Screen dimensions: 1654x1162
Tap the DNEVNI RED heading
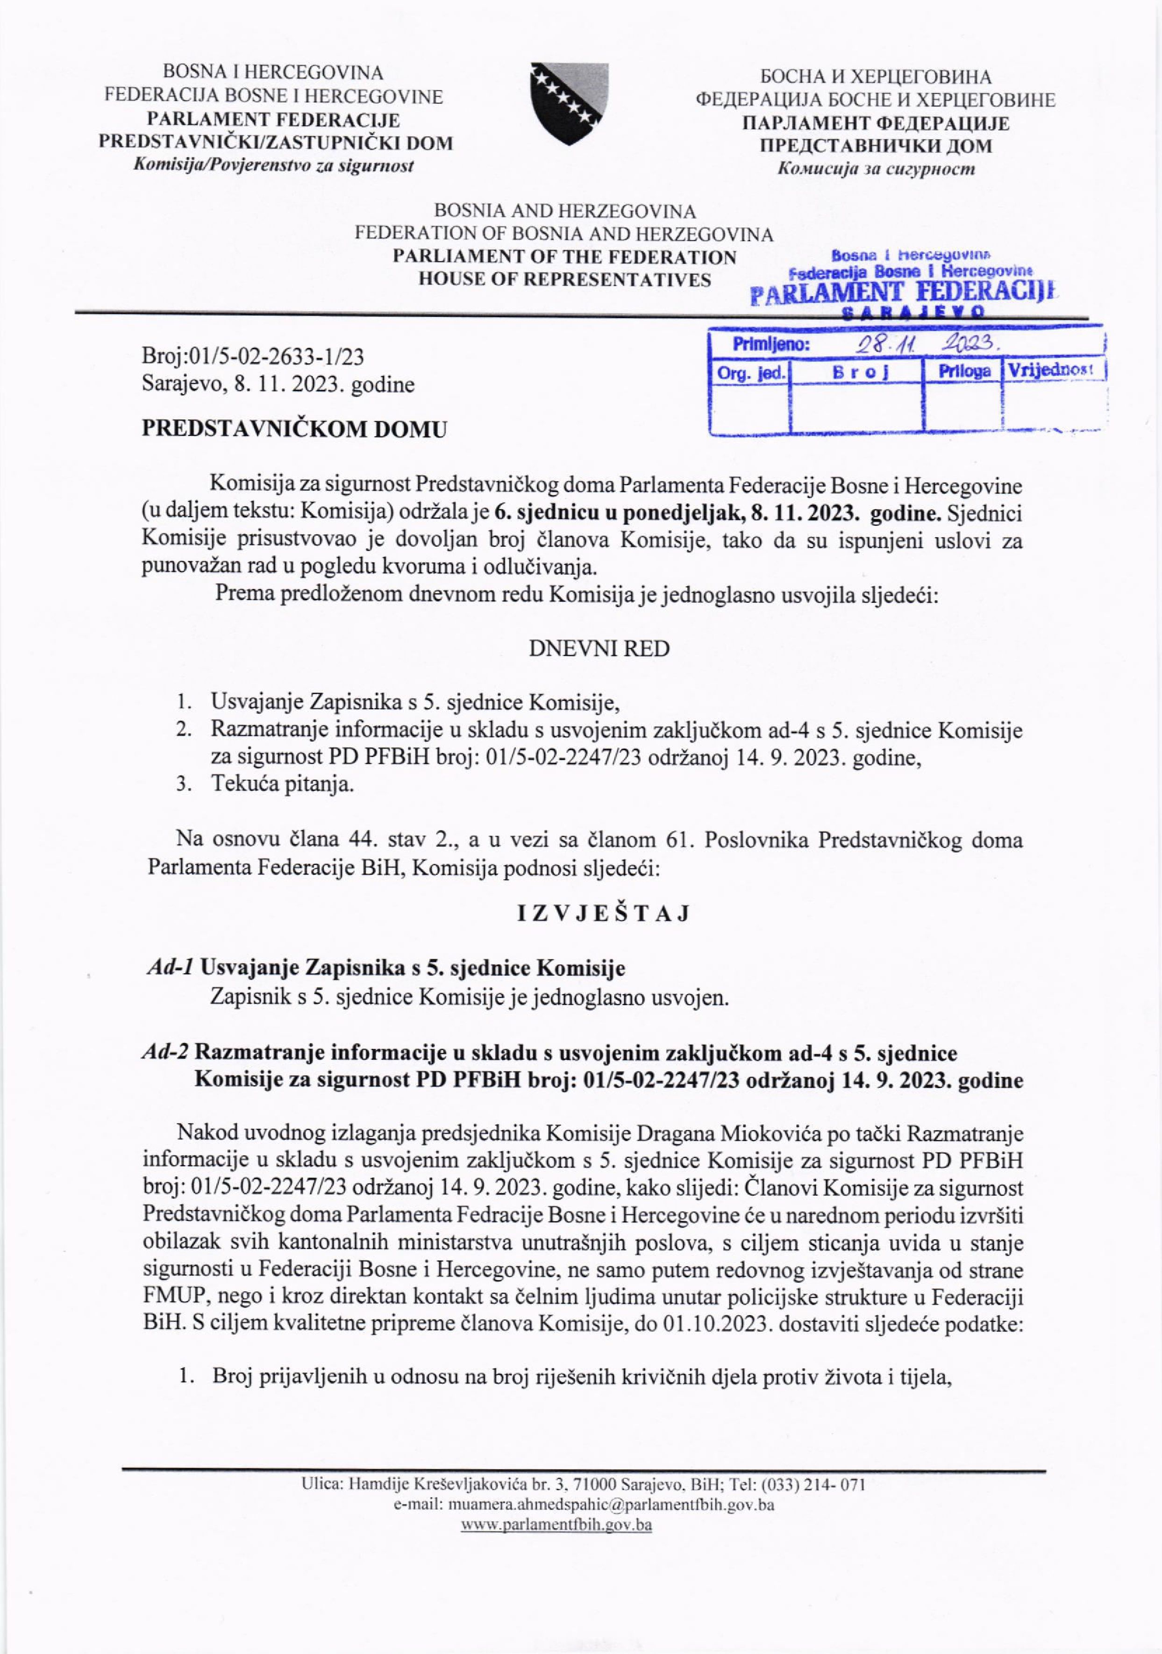[x=599, y=649]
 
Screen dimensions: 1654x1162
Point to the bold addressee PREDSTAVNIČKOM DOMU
[x=294, y=429]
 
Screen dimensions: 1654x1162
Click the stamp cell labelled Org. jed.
[x=750, y=372]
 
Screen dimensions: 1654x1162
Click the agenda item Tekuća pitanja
[x=282, y=784]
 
